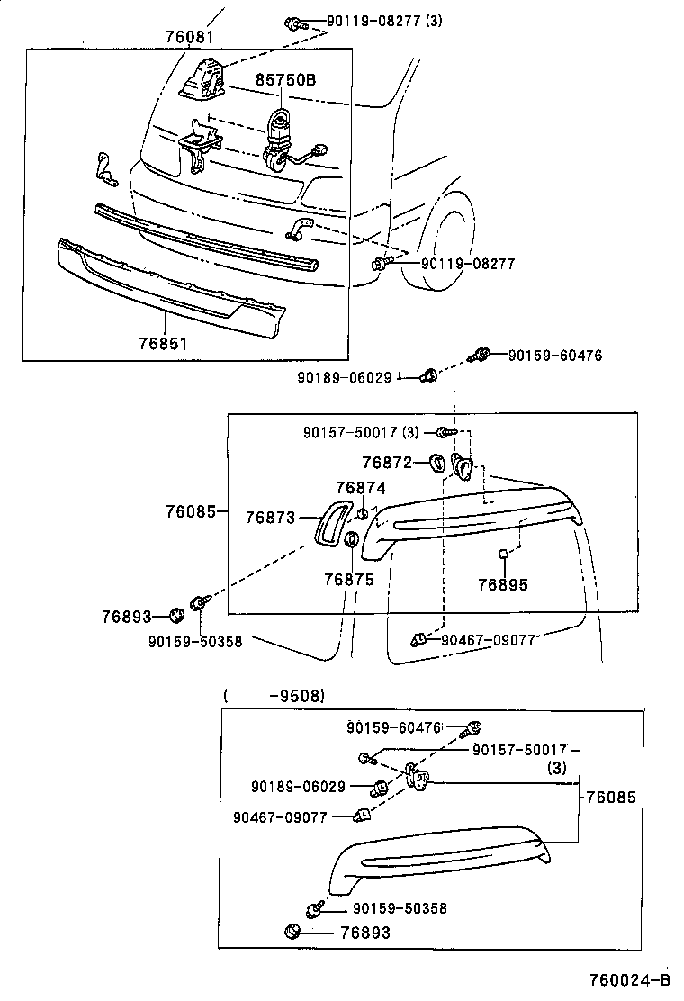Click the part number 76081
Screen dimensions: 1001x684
[x=191, y=38]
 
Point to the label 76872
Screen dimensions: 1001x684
[x=387, y=463]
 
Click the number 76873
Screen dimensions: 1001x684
[x=271, y=518]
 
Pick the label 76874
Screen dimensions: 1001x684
[x=361, y=488]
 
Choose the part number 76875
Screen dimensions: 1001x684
[x=348, y=581]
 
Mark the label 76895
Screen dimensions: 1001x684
[x=503, y=584]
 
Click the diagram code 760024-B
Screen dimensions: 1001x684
[x=630, y=980]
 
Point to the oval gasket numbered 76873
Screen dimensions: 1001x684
[x=325, y=522]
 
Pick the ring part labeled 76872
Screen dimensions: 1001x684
[x=436, y=463]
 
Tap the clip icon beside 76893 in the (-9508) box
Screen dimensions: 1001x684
[x=292, y=932]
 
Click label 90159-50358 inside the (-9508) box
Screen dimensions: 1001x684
[x=400, y=909]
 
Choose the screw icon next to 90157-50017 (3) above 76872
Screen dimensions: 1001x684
[x=442, y=433]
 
